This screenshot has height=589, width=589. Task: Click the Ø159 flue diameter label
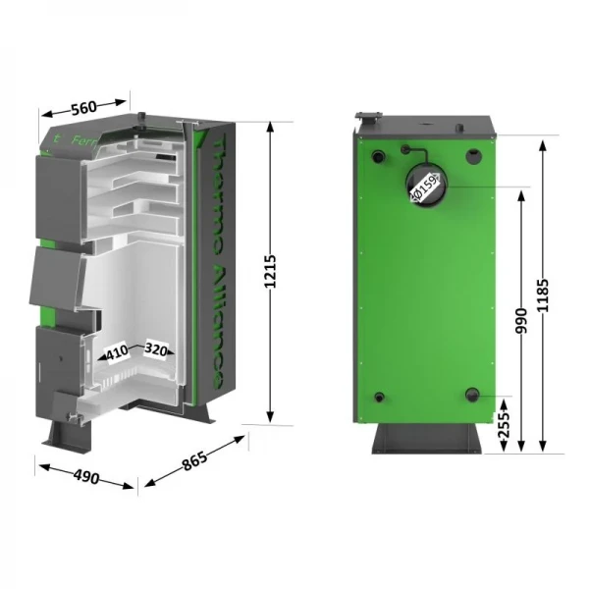click(x=424, y=186)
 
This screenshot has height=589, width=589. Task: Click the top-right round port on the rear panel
click(x=473, y=155)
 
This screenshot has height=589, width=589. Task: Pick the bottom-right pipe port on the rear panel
click(x=475, y=396)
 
